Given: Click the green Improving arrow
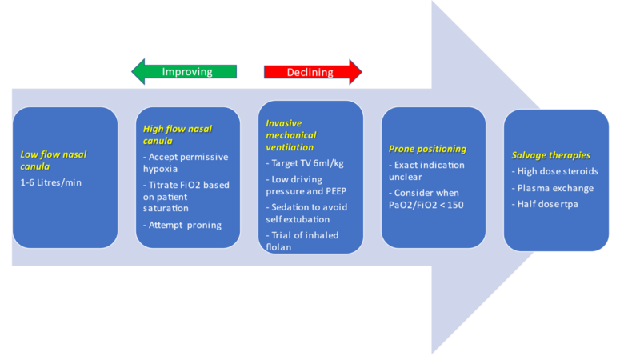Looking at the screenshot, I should coord(185,72).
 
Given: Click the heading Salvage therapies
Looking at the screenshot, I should coord(551,154).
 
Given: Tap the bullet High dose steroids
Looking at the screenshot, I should coord(555,171).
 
